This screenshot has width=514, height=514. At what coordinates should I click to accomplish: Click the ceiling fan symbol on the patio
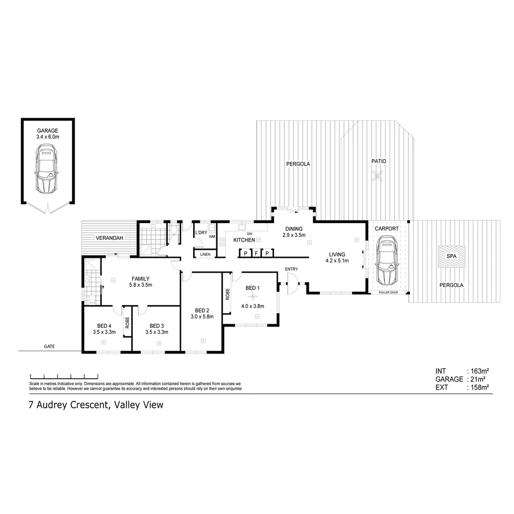point(378,177)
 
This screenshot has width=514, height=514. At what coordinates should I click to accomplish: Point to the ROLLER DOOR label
point(389,292)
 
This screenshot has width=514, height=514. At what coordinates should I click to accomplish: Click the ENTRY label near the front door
point(291,269)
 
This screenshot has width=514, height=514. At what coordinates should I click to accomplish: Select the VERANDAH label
point(107,237)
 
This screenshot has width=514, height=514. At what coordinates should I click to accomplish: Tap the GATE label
point(49,346)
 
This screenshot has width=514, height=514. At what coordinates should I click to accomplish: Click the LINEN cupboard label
point(205,255)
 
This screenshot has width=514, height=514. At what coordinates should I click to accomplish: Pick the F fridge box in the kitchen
point(256,253)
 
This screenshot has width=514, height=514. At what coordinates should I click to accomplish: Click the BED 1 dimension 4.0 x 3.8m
point(252,306)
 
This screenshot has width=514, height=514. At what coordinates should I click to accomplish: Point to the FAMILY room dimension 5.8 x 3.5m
point(140,285)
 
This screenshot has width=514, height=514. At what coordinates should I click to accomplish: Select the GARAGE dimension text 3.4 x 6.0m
point(48,137)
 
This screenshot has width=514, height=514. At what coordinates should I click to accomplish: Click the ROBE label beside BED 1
point(227,294)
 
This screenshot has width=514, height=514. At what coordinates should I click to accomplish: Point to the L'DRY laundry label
point(201,233)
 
